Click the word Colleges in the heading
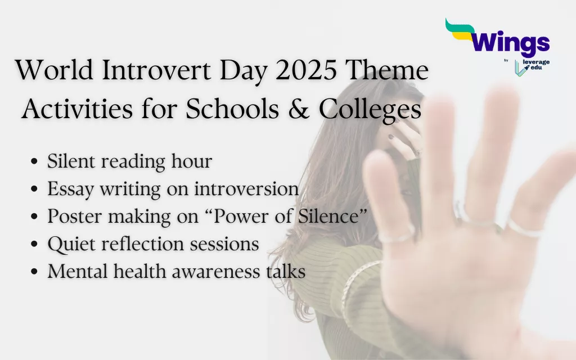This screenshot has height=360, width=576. (x=371, y=110)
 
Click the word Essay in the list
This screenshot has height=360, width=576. (x=71, y=190)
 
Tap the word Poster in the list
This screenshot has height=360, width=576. (x=74, y=217)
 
